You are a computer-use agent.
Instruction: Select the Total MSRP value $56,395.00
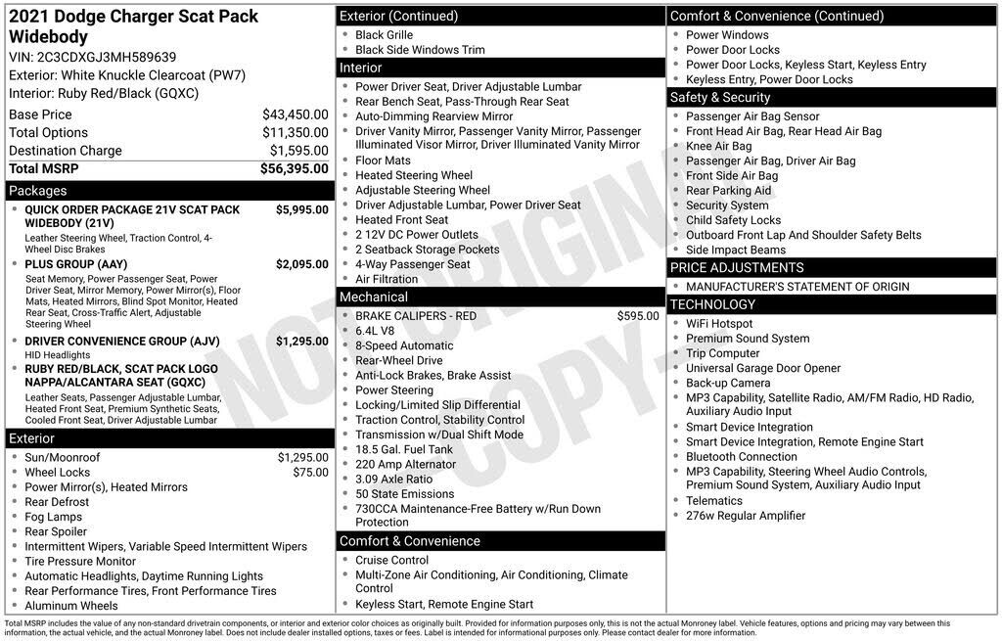tap(294, 169)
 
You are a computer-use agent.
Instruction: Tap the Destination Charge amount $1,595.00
tap(298, 151)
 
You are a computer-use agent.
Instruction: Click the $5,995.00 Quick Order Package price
tap(301, 209)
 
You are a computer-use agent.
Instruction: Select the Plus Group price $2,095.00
tap(301, 264)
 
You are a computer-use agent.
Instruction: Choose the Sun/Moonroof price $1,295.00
tap(302, 457)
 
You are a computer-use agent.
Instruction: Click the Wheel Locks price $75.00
tap(310, 472)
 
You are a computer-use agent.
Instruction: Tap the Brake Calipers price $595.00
tap(638, 316)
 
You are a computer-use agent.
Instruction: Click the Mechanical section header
tap(373, 297)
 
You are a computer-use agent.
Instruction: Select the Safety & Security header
tap(719, 97)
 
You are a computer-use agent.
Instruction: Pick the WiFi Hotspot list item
tap(719, 324)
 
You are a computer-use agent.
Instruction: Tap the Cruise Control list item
tap(391, 561)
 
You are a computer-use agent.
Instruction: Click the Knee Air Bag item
tap(718, 146)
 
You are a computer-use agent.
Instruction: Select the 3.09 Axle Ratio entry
tap(393, 480)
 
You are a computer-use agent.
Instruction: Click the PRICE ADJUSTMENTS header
tap(736, 267)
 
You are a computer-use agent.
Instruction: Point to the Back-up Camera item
tap(727, 383)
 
